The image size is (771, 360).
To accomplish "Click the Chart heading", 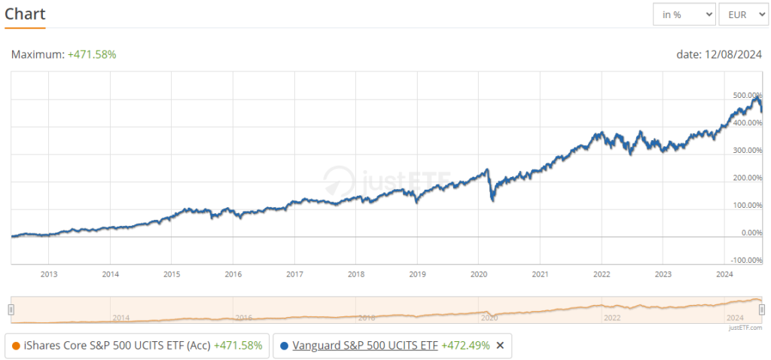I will click(x=25, y=14).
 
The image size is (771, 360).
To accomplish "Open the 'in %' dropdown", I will click(x=684, y=14).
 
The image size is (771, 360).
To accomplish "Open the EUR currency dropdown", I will click(x=742, y=14).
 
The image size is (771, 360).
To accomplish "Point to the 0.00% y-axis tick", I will click(x=748, y=233).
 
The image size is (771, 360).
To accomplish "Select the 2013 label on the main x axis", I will click(x=49, y=274).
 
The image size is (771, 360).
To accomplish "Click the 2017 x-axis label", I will click(x=294, y=274).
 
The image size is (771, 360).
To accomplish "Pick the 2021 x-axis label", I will click(x=540, y=274).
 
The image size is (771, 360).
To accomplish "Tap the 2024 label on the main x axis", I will click(x=724, y=274).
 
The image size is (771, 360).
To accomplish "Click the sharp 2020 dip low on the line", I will click(x=492, y=200).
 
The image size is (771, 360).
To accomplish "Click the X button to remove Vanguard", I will click(x=500, y=346).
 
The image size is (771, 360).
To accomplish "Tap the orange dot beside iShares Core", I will click(x=15, y=346).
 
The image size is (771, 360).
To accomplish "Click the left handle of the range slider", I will click(x=11, y=310).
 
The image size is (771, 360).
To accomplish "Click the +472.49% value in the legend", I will click(x=465, y=346).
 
